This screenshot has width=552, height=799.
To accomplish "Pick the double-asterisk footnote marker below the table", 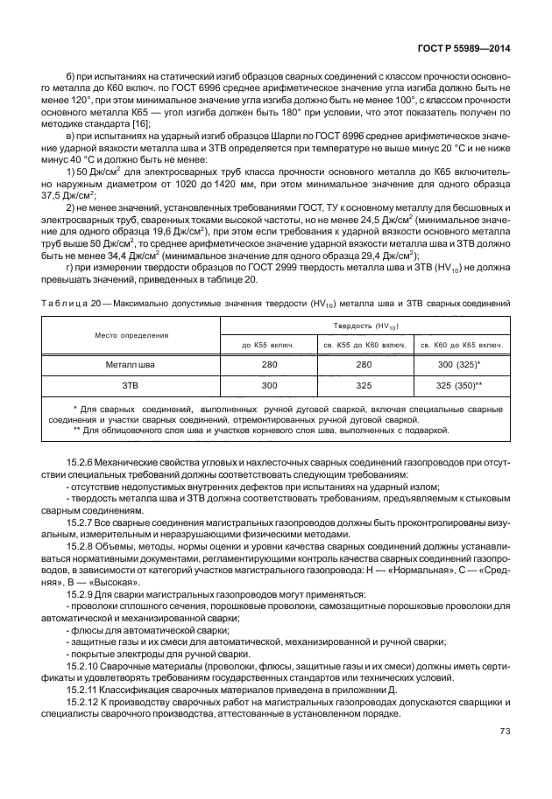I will point(78,431).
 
